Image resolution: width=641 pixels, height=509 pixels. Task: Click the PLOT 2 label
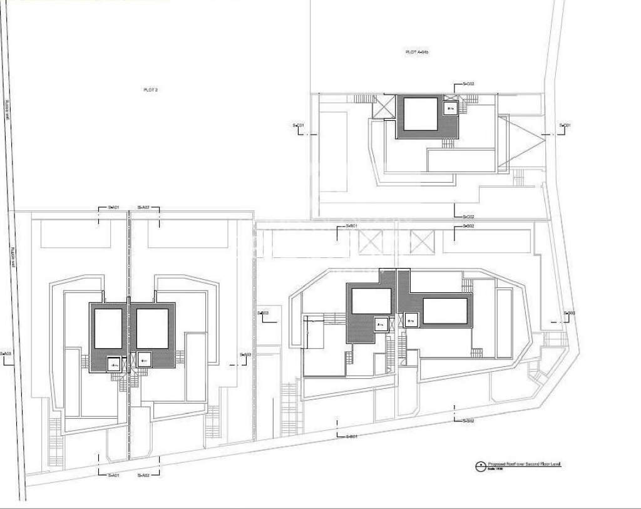click(150, 90)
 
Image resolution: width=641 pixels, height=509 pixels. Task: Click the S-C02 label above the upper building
click(468, 83)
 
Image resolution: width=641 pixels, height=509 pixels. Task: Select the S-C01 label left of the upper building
click(299, 126)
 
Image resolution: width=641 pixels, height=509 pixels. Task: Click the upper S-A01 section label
click(113, 207)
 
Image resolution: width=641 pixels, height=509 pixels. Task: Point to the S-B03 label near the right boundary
click(569, 313)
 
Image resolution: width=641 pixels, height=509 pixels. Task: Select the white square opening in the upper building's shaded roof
click(419, 113)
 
